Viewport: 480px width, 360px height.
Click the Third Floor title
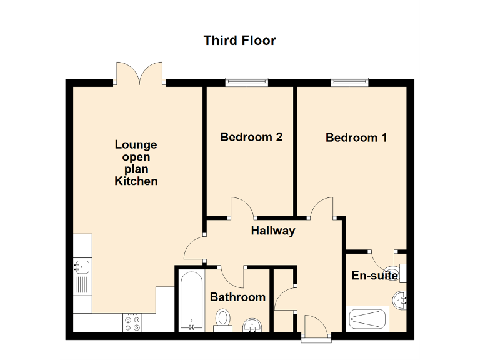click(239, 41)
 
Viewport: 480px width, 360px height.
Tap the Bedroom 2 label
click(251, 137)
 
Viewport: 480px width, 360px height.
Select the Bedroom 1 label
click(356, 137)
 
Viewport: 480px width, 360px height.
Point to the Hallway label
click(272, 231)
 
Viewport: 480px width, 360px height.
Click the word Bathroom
click(237, 297)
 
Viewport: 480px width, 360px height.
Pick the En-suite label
click(375, 276)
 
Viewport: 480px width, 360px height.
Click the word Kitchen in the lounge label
click(136, 181)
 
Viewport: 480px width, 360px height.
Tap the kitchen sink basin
click(81, 267)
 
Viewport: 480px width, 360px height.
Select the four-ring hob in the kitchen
click(132, 322)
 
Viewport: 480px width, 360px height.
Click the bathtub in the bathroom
click(190, 299)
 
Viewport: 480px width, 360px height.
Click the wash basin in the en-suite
click(400, 301)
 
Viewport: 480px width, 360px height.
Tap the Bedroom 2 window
click(247, 81)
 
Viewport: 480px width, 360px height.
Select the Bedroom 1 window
click(350, 81)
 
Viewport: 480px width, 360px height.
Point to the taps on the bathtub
click(190, 326)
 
